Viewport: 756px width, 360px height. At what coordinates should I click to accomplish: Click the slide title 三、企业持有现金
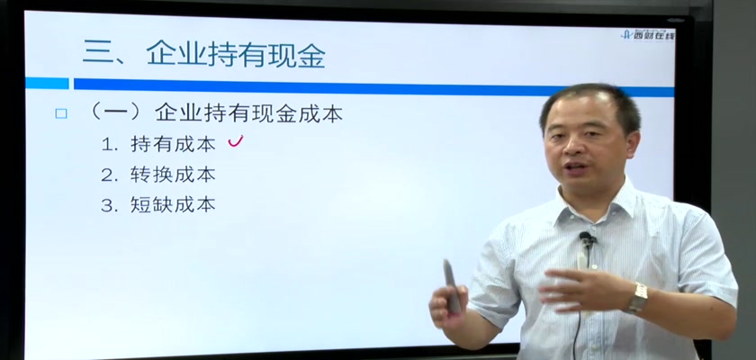coord(204,53)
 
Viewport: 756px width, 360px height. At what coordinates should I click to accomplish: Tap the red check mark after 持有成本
coord(235,141)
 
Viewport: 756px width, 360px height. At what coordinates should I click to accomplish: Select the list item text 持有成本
coord(173,144)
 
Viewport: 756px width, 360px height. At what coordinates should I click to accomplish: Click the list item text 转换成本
coord(173,175)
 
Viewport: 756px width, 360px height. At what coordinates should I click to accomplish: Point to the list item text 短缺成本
coord(173,205)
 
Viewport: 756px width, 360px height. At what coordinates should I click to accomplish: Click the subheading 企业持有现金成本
coord(248,113)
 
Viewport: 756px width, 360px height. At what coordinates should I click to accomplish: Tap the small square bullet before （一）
coord(61,113)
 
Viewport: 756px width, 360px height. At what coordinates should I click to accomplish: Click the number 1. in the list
coord(110,145)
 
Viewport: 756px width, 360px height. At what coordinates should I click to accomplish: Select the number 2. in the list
coord(110,175)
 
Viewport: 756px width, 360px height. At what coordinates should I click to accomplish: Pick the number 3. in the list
coord(110,206)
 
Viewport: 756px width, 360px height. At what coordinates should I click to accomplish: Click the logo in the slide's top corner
coord(648,34)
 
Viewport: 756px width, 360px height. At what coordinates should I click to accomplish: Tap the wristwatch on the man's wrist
coord(639,297)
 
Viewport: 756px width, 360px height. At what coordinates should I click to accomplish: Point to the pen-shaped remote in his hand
coord(451,287)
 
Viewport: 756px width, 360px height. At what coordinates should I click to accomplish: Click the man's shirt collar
coord(596,202)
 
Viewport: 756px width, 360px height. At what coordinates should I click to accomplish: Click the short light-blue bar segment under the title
coord(47,84)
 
